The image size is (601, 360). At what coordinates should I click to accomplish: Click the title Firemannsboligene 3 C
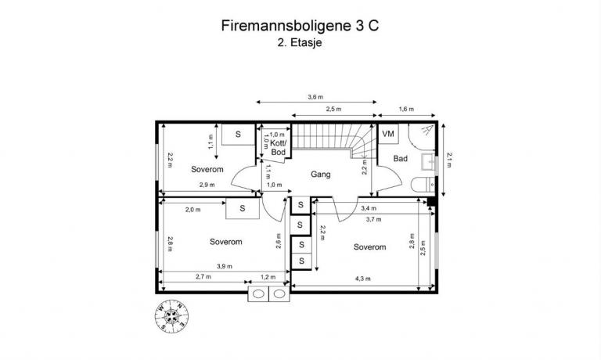click(x=300, y=26)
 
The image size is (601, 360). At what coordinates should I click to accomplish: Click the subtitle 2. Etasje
click(x=300, y=44)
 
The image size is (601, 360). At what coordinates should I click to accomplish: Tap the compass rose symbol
click(x=171, y=317)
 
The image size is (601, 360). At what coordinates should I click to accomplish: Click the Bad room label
click(x=400, y=159)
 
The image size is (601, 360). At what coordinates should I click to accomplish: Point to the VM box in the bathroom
click(x=388, y=134)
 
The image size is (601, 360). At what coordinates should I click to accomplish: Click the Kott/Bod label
click(x=279, y=146)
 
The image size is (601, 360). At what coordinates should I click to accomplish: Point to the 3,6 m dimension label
click(x=315, y=97)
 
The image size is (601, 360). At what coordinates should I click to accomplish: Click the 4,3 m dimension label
click(x=362, y=279)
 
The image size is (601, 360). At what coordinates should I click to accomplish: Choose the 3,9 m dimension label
click(x=223, y=267)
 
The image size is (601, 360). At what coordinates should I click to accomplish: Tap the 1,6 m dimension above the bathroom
click(x=406, y=110)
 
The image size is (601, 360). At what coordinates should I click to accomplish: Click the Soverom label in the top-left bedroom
click(x=207, y=169)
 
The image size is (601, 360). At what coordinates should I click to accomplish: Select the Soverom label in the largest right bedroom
click(x=369, y=247)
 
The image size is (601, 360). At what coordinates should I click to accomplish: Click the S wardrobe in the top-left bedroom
click(x=238, y=134)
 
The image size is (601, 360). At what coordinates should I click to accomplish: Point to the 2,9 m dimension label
click(x=207, y=185)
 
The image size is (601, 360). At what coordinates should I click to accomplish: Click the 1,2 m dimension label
click(x=268, y=278)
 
